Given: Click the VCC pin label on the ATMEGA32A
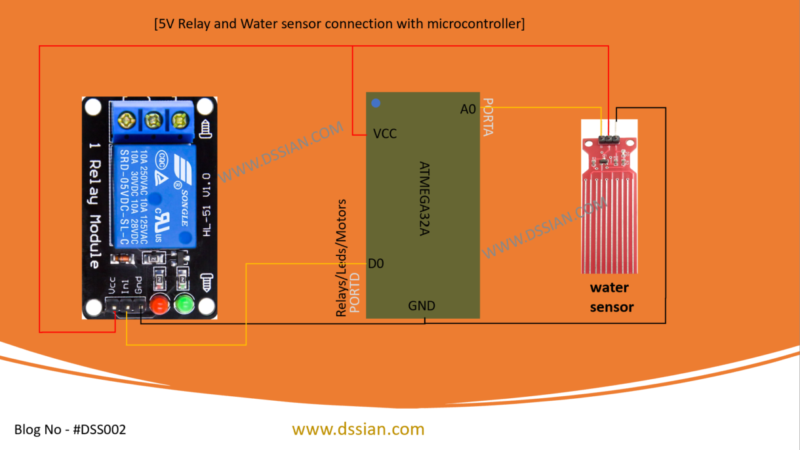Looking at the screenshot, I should coord(385,134).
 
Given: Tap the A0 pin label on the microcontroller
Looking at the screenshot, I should coord(468,110).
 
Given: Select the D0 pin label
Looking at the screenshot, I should coord(376,264).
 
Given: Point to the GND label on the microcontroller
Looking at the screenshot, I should coord(422,306).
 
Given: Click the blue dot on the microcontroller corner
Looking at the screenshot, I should coord(375,103).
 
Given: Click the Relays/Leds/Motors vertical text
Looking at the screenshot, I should coord(341,259).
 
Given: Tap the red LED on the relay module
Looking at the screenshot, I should coord(159,305).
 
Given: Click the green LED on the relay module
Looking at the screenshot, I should coord(184,305).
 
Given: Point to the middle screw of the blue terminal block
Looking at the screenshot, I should coord(153,120).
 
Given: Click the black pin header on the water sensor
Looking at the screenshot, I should coord(609,139).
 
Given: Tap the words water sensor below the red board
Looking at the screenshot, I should coord(610,297).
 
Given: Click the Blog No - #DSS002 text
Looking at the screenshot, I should coord(70,430).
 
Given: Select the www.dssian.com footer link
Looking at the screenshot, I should coord(358,429).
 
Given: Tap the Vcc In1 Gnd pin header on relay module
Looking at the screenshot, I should coord(126,306).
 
